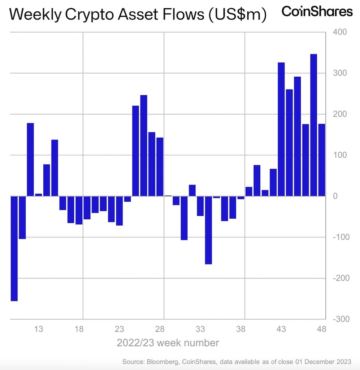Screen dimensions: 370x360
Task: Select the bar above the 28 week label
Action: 160,167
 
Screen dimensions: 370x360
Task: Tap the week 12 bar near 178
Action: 30,159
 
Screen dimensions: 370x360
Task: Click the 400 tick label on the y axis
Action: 340,32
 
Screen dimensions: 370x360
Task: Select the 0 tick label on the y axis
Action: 335,196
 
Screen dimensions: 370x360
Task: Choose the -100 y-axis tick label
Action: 338,237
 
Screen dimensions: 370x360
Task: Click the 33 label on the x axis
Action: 200,329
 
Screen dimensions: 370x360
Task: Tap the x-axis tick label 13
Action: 39,329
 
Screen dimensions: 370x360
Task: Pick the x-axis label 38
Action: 241,329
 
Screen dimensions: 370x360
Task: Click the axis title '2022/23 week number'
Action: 168,343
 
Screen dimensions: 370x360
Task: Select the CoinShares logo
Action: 317,11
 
